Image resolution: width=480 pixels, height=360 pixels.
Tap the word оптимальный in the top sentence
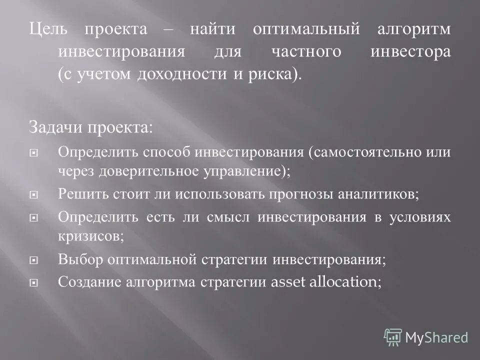[x=306, y=30]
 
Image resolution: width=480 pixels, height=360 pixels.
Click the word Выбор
[x=79, y=260]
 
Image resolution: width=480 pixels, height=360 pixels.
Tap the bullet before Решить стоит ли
[x=34, y=194]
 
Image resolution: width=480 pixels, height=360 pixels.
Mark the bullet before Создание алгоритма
[x=34, y=283]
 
